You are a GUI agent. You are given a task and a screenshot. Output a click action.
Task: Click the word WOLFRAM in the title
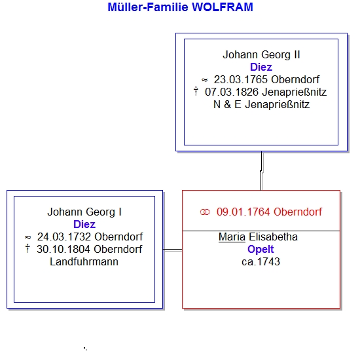(x=222, y=7)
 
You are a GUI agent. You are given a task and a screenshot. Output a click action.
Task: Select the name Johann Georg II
(x=261, y=55)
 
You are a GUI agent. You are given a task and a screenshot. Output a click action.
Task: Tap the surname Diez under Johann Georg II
(x=261, y=67)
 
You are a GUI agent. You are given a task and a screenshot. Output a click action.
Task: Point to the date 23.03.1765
(x=241, y=80)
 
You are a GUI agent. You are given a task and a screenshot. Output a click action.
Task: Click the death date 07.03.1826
(x=232, y=92)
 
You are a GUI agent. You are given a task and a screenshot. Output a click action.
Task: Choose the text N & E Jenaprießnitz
(x=261, y=105)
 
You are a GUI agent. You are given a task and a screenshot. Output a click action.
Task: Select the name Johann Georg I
(x=84, y=212)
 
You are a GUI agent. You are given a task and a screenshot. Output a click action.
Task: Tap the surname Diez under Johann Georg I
(x=84, y=224)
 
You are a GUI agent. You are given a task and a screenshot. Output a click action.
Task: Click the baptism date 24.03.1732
(x=64, y=237)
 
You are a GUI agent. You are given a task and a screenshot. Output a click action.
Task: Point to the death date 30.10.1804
(x=63, y=249)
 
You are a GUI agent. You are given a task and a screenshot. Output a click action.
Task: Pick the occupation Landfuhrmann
(x=84, y=262)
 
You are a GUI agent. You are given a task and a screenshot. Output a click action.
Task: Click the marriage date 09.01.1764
(x=243, y=212)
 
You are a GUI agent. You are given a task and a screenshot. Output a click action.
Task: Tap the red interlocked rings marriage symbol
(x=205, y=212)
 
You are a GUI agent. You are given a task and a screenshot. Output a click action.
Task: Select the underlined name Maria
(x=232, y=237)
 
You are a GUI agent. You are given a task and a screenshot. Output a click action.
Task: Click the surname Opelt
(x=261, y=250)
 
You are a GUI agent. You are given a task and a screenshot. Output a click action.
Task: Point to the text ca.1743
(x=261, y=262)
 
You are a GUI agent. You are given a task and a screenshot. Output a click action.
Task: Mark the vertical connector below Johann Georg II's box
(x=262, y=171)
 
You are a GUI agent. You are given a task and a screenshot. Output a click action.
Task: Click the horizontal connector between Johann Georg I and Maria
(x=173, y=250)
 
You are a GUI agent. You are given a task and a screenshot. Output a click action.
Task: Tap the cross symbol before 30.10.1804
(x=27, y=248)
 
